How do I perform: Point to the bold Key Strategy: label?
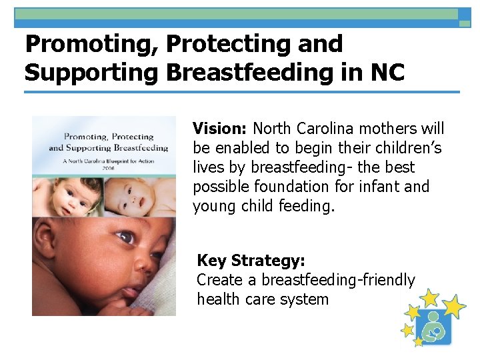point(251,261)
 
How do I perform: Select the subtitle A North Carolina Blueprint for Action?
point(105,158)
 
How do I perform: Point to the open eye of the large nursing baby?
point(125,238)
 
